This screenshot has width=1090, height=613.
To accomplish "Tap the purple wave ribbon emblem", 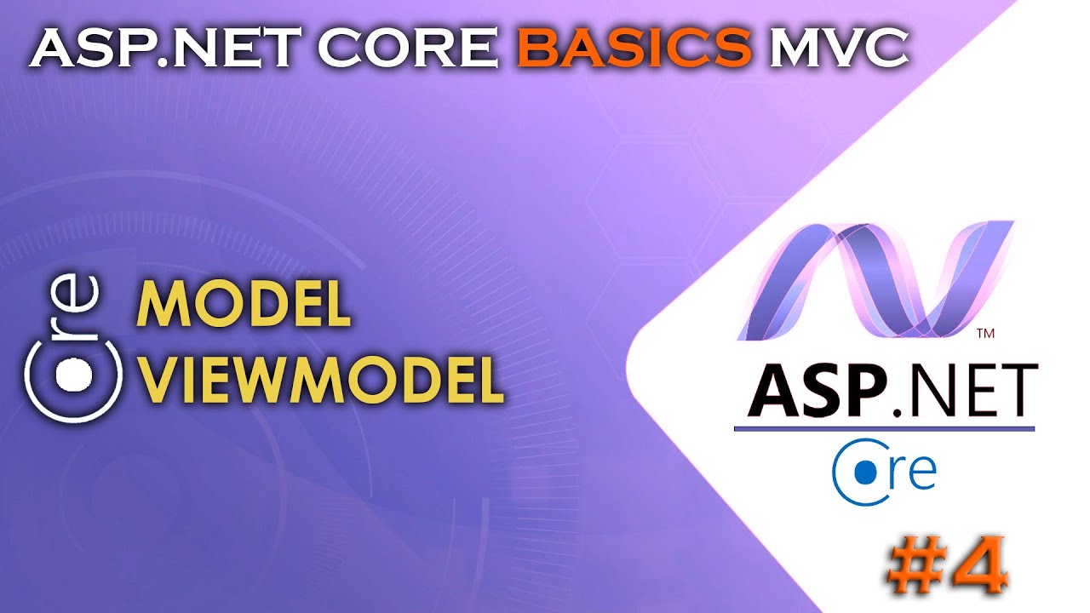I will [x=877, y=277].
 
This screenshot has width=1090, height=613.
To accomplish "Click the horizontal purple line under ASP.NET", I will [x=884, y=428].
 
